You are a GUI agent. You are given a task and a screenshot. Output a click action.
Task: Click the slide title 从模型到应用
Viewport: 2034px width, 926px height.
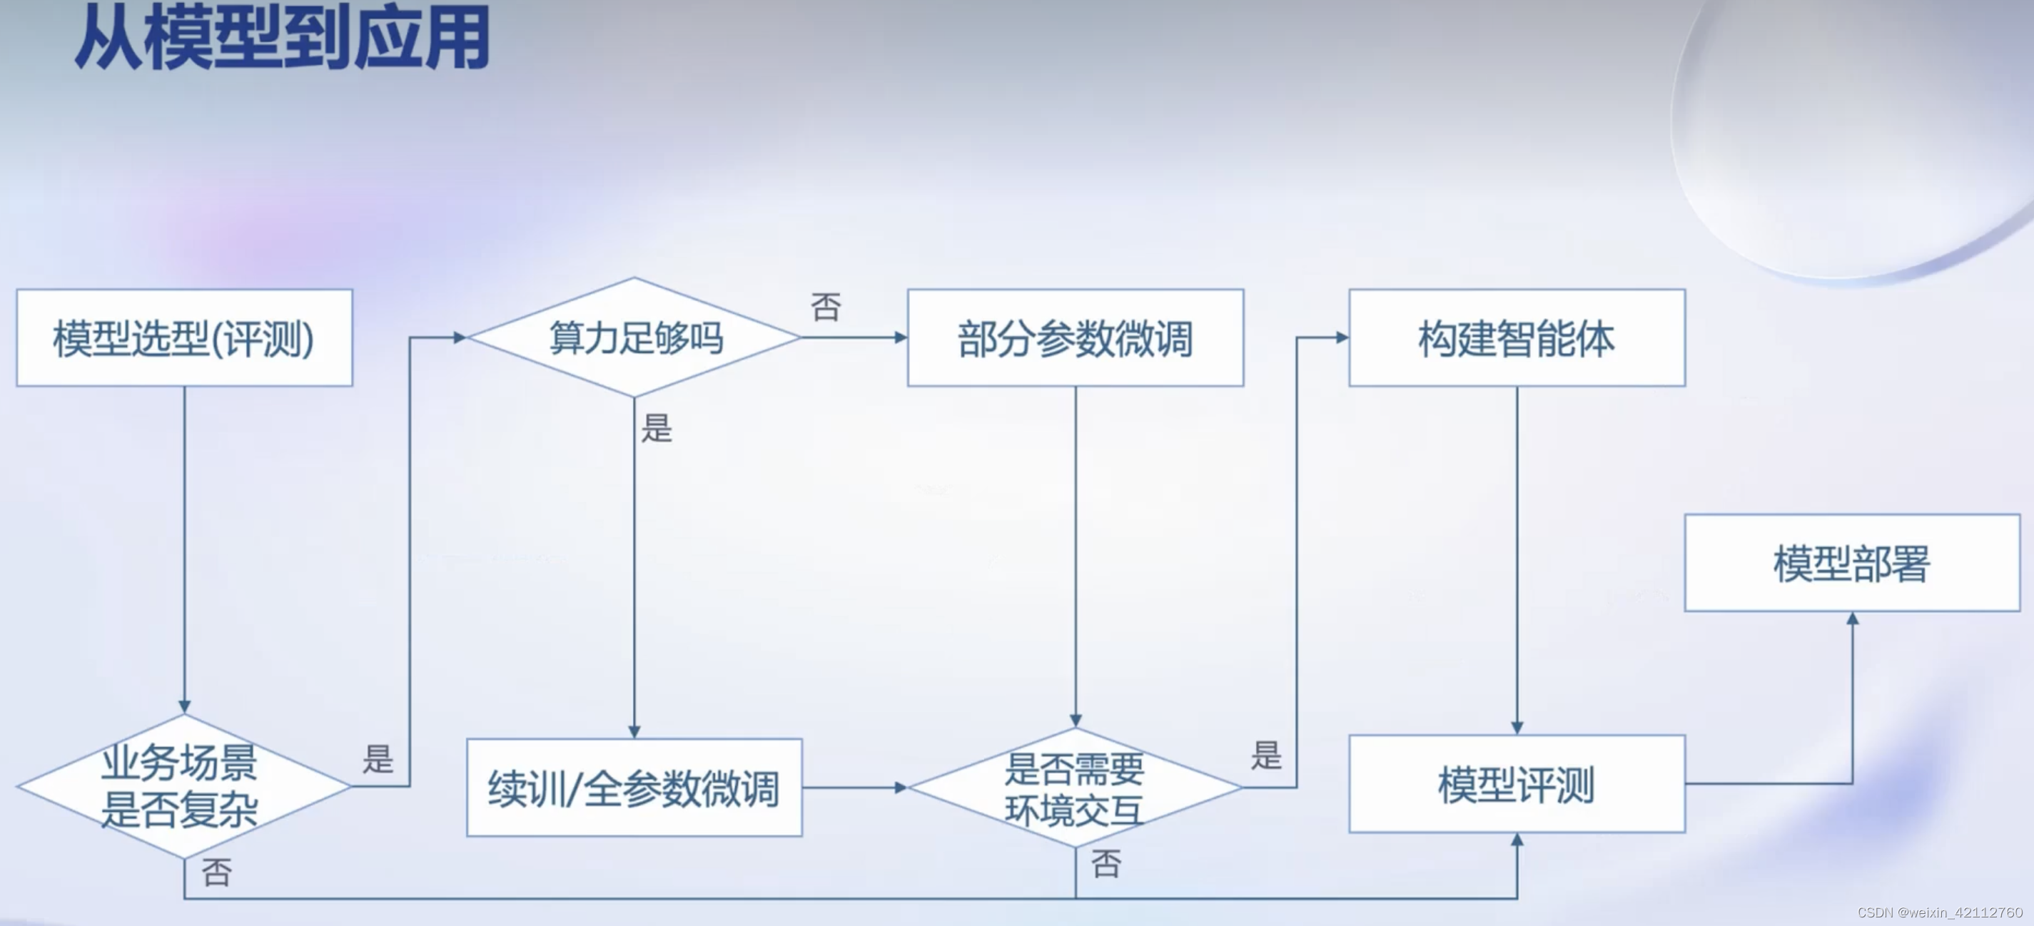point(282,38)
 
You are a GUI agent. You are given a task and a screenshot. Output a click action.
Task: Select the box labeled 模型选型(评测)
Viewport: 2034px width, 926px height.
point(184,338)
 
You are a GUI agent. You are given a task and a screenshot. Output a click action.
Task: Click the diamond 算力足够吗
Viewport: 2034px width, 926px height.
point(634,338)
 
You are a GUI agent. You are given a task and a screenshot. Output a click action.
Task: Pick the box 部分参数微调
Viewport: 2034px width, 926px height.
point(1075,338)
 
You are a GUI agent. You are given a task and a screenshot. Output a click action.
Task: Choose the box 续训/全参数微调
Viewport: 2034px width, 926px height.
point(634,787)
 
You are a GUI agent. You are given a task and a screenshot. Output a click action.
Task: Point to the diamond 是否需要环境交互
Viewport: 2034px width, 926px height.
point(1074,787)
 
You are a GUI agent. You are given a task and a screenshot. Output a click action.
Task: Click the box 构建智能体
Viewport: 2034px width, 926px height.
point(1516,338)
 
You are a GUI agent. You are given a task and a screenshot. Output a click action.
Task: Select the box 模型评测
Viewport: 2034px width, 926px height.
point(1516,784)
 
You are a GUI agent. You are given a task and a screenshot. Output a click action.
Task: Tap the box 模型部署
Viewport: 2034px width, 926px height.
point(1851,563)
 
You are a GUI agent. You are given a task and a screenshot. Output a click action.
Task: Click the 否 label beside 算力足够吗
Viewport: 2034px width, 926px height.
point(826,307)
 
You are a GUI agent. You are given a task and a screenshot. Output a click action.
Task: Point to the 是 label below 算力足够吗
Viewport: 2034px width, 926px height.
point(656,429)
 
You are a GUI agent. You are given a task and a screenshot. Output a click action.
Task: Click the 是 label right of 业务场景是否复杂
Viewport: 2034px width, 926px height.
point(378,758)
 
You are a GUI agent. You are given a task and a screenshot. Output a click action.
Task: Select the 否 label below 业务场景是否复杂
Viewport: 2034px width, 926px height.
point(216,872)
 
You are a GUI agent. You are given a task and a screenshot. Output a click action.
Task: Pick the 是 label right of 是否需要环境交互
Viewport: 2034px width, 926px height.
point(1266,755)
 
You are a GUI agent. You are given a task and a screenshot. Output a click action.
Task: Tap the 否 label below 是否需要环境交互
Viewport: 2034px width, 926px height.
point(1106,864)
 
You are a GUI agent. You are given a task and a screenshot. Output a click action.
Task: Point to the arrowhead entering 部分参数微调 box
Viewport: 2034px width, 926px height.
point(900,337)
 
